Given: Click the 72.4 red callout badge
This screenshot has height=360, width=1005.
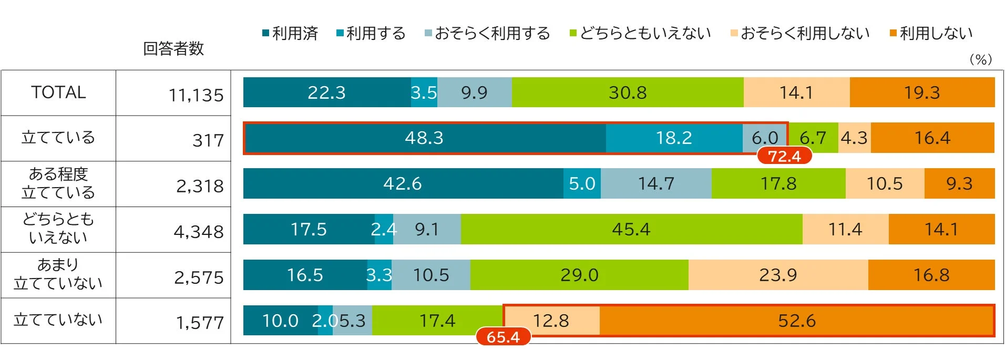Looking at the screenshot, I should click(x=784, y=156).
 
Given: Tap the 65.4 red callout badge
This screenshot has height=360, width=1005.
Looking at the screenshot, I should click(x=503, y=337).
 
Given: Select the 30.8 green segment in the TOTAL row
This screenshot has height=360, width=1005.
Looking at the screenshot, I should click(x=628, y=92).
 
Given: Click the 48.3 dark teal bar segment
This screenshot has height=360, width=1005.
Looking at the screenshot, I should click(x=424, y=138).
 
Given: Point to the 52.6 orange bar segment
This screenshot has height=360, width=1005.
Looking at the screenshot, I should click(x=796, y=321).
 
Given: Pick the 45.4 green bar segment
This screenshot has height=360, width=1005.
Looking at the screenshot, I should click(x=631, y=229).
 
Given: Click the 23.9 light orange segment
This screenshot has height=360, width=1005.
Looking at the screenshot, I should click(x=778, y=275).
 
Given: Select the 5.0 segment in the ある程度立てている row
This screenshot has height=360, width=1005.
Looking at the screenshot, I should click(x=582, y=183).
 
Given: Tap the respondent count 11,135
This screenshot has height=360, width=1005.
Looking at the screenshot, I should click(x=196, y=95).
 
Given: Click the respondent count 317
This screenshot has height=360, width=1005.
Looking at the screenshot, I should click(x=208, y=141).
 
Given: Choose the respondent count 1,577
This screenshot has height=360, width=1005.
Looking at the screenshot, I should click(x=200, y=323).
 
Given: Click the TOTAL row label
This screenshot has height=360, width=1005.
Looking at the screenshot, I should click(x=58, y=92).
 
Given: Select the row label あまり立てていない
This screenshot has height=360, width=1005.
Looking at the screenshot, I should click(x=58, y=274).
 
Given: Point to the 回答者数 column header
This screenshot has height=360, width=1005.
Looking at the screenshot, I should click(x=173, y=49).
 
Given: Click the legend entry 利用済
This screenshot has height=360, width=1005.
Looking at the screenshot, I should click(x=291, y=34).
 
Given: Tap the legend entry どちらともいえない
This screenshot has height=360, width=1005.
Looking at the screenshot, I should click(x=641, y=34).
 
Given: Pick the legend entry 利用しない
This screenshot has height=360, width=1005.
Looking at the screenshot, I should click(x=931, y=34).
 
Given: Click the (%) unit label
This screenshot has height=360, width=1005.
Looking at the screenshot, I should click(x=980, y=59).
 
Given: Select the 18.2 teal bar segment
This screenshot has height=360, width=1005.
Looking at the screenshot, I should click(x=674, y=138).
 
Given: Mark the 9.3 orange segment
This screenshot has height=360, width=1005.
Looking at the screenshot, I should click(x=959, y=183).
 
